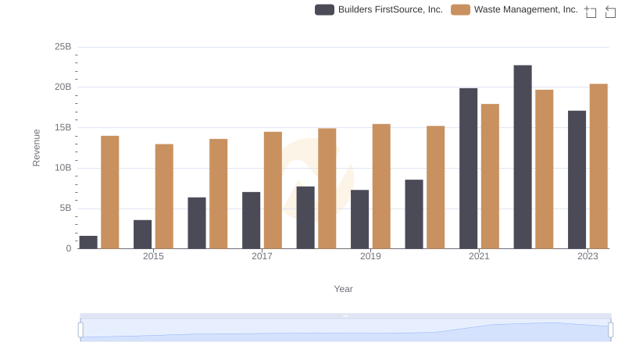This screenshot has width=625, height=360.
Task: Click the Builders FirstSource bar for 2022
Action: [523, 157]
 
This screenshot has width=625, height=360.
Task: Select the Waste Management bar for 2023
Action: [598, 166]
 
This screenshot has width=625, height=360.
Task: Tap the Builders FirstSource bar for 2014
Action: [88, 242]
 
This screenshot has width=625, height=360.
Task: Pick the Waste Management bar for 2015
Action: [164, 196]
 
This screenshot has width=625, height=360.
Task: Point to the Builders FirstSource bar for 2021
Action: [468, 169]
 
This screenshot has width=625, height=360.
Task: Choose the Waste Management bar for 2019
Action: [381, 186]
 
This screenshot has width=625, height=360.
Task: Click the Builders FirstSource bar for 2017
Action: [251, 220]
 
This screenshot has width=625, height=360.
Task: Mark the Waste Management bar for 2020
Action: [435, 187]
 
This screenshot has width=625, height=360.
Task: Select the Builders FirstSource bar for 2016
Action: [197, 223]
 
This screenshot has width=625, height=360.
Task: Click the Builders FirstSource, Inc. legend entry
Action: [379, 9]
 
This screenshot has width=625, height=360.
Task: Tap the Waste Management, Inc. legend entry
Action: [515, 9]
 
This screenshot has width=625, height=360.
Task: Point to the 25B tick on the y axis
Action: [62, 47]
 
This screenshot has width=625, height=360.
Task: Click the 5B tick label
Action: [64, 209]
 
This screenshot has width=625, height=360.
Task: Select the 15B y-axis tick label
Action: [62, 127]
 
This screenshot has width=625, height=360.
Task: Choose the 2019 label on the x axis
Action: [370, 256]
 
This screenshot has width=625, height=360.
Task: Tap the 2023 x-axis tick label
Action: [587, 256]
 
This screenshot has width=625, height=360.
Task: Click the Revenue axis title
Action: [36, 148]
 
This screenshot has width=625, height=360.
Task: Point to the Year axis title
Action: [344, 289]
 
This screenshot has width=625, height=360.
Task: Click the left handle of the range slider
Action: [80, 330]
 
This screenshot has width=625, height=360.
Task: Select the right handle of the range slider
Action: [610, 330]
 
